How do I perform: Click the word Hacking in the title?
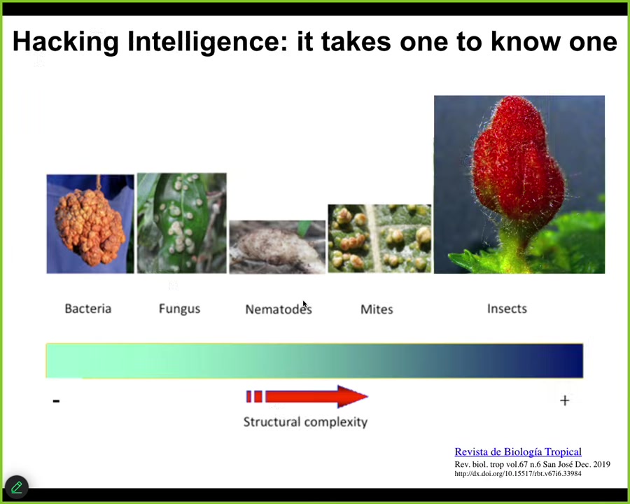pos(66,42)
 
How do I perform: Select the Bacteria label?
pos(88,309)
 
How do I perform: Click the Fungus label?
pos(179,309)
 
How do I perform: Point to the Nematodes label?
pos(279,309)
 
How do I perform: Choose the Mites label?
pos(377,309)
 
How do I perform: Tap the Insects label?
pos(507,309)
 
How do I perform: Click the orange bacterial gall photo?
pos(90,224)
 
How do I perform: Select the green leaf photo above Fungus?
pos(182,223)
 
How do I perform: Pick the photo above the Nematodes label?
pos(277,247)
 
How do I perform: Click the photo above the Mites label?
pos(379,239)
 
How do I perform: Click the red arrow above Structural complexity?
pos(307,397)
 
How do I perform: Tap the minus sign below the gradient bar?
pos(56,400)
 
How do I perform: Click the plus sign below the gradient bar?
pos(564,400)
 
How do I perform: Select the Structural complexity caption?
pos(305,422)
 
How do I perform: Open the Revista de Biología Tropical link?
pos(518,451)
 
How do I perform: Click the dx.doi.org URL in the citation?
pos(518,473)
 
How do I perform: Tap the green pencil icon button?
pos(17,487)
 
